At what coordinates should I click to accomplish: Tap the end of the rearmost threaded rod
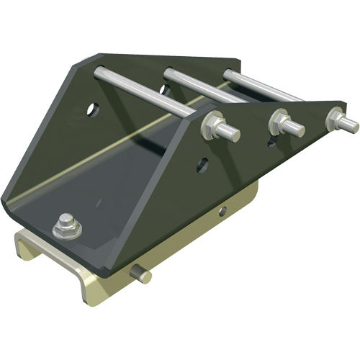[352, 125]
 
